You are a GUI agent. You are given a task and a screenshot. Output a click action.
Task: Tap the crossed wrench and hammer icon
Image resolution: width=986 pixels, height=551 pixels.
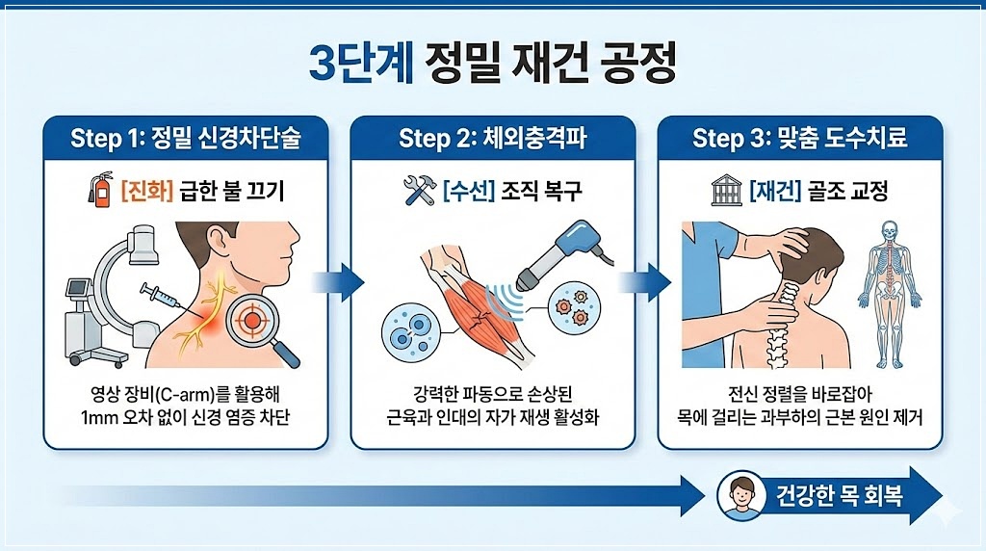click(x=420, y=190)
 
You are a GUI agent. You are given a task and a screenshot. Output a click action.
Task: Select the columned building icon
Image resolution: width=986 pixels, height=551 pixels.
click(x=726, y=190)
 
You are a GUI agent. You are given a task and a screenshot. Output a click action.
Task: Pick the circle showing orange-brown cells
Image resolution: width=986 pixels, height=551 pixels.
click(x=574, y=307)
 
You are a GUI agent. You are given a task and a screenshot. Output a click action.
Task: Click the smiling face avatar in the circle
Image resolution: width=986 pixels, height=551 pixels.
click(x=742, y=495)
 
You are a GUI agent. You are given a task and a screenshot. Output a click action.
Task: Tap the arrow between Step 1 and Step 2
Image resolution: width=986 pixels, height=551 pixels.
click(x=338, y=282)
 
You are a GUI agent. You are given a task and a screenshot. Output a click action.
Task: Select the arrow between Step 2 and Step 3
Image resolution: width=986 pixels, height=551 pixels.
click(x=645, y=282)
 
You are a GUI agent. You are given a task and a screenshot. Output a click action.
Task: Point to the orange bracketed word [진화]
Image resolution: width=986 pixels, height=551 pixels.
click(x=146, y=190)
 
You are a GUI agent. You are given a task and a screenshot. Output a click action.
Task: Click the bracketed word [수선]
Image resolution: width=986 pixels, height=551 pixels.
click(x=469, y=190)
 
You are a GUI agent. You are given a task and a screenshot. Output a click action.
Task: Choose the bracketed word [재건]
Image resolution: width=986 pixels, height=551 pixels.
click(x=775, y=190)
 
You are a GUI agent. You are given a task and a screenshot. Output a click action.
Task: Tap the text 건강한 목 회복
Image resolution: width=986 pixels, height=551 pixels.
click(x=840, y=496)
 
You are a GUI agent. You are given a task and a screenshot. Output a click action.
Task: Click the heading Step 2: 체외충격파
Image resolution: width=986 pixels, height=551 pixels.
click(x=492, y=138)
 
